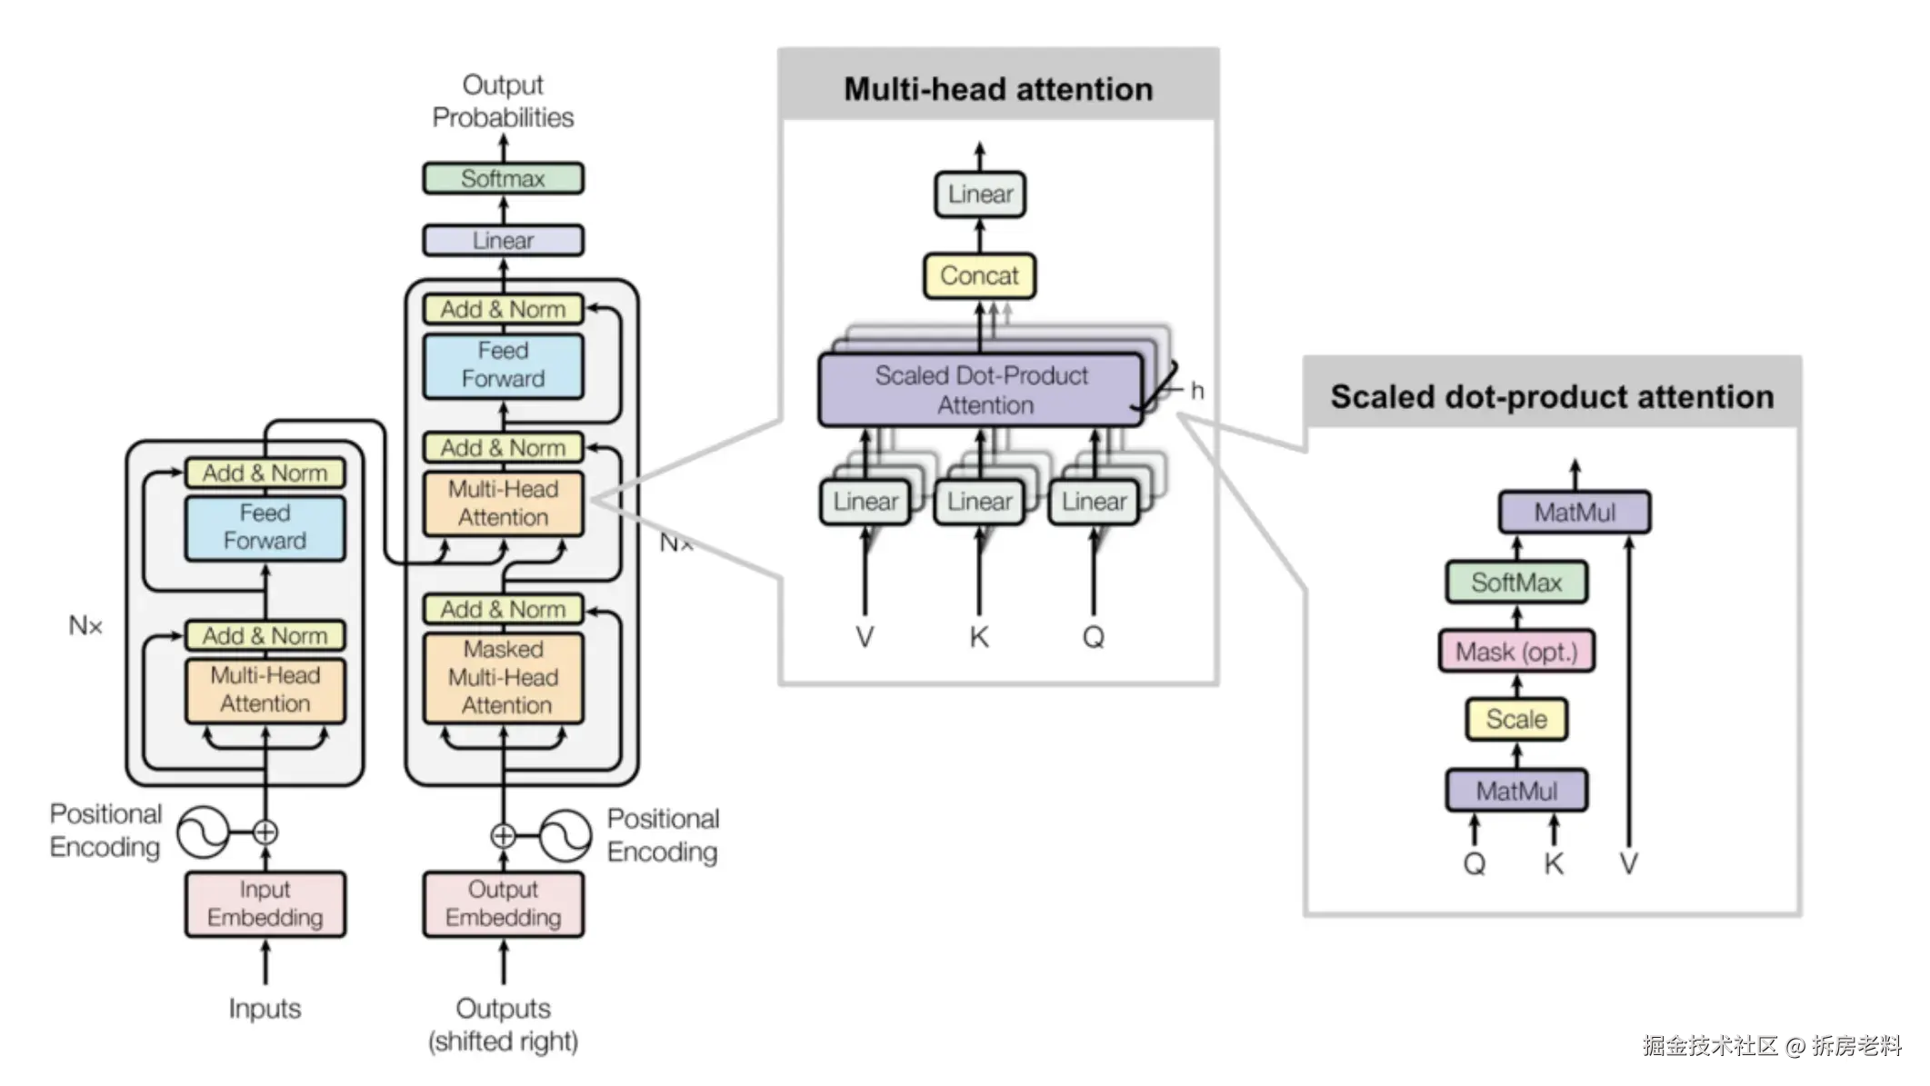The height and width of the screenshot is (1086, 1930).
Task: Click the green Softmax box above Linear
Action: tap(503, 178)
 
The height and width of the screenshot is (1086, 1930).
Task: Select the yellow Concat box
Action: tap(979, 275)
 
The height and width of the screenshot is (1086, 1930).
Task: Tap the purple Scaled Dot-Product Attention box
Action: tap(981, 390)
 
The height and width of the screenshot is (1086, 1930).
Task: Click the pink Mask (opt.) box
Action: tap(1516, 652)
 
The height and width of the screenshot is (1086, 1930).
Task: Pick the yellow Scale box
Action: tap(1516, 720)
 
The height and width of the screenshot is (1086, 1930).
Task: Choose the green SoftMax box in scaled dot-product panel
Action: tap(1516, 583)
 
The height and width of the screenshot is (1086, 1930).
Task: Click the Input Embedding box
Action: tap(265, 903)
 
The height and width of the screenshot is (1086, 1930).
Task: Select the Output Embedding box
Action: tap(503, 903)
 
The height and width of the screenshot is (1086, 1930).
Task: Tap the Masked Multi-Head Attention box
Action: tap(504, 677)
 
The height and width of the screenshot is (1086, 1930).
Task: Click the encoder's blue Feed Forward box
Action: tap(265, 527)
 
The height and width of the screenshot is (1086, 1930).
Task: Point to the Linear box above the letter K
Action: tap(979, 502)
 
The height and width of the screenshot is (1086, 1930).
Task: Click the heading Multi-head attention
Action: tap(998, 89)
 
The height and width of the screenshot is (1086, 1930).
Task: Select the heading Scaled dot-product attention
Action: tap(1552, 397)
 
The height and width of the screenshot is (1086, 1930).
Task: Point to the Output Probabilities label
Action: tap(503, 101)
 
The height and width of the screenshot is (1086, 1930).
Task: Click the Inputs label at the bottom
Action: tap(265, 1009)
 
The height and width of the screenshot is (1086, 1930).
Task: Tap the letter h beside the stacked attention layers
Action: tap(1197, 391)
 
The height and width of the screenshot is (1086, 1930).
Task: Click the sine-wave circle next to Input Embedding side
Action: tap(202, 832)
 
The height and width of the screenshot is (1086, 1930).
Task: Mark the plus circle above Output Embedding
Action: tap(503, 836)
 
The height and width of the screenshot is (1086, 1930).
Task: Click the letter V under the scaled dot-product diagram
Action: tap(1629, 863)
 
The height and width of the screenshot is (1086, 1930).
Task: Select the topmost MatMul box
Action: tap(1575, 513)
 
